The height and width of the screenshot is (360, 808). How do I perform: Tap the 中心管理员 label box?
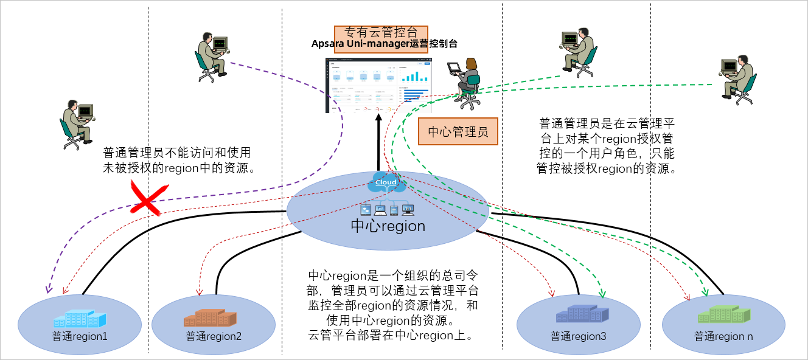click(x=458, y=132)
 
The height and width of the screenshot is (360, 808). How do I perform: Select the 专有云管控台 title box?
click(x=381, y=32)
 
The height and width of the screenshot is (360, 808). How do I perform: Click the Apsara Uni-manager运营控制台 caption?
click(x=384, y=44)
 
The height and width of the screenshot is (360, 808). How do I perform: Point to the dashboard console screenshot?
click(x=378, y=86)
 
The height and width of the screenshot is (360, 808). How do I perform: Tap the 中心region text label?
click(x=388, y=226)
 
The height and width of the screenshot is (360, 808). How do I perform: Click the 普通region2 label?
click(x=214, y=336)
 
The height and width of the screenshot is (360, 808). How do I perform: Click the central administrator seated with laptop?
click(x=465, y=82)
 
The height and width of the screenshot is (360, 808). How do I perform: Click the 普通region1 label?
click(x=80, y=335)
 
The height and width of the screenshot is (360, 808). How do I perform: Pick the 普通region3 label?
click(x=578, y=336)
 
